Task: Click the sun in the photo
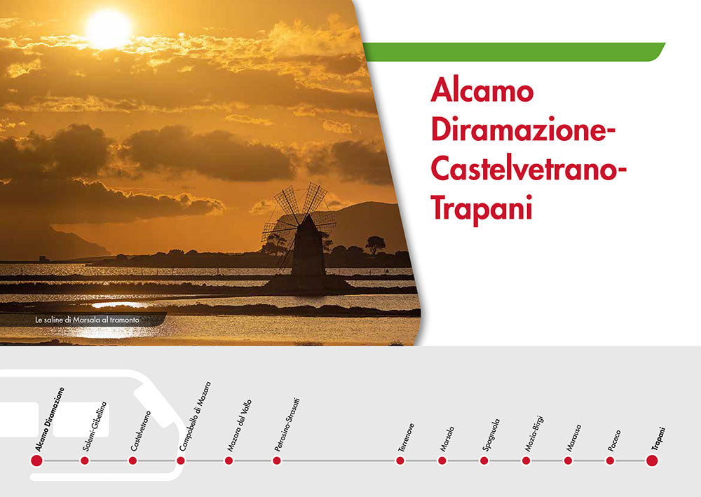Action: click(x=109, y=28)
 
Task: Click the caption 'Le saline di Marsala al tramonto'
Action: click(x=88, y=320)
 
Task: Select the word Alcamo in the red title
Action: click(x=482, y=91)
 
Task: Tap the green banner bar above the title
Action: click(x=514, y=52)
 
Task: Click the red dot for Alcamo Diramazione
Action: click(x=36, y=461)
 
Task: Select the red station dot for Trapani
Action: click(x=652, y=461)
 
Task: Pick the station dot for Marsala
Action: click(x=442, y=461)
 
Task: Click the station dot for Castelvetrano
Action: click(x=132, y=461)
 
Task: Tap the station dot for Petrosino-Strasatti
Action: click(x=277, y=461)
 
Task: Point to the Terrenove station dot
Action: click(x=400, y=461)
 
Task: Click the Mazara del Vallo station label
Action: click(x=239, y=425)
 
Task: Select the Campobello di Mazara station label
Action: click(x=194, y=416)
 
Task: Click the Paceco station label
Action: click(x=614, y=439)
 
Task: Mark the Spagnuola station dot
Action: click(x=484, y=461)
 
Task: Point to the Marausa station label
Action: click(x=573, y=436)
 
